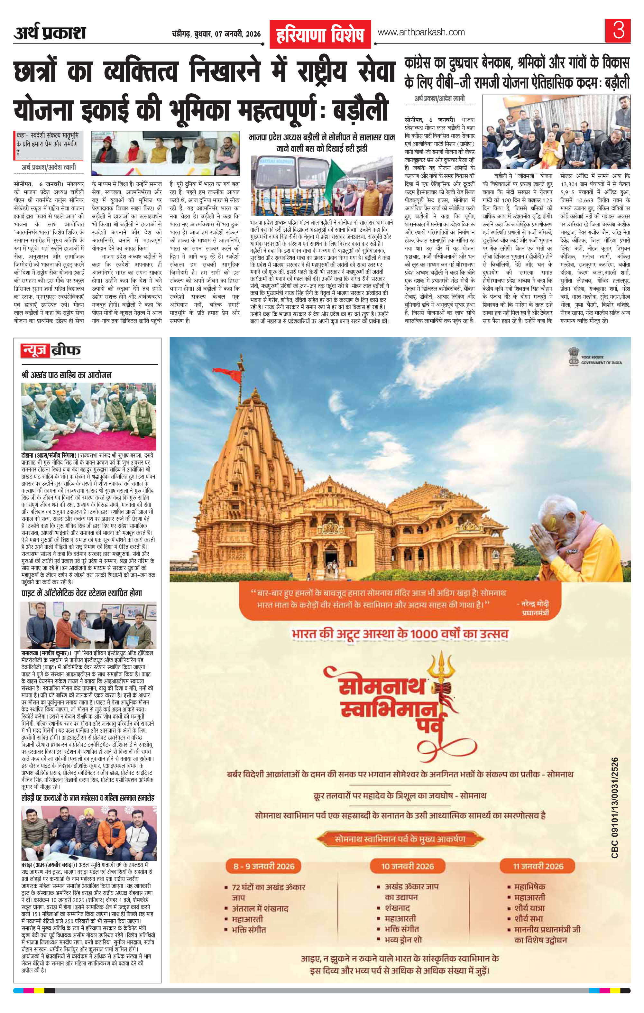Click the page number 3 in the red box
tap(618, 31)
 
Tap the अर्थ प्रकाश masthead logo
tap(50, 33)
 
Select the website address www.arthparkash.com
tap(421, 33)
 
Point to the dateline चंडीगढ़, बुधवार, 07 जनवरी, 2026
tap(216, 34)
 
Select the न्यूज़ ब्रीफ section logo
tap(51, 350)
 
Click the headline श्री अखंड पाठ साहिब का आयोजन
tap(67, 375)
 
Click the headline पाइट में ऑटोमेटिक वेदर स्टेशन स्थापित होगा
tap(82, 593)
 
